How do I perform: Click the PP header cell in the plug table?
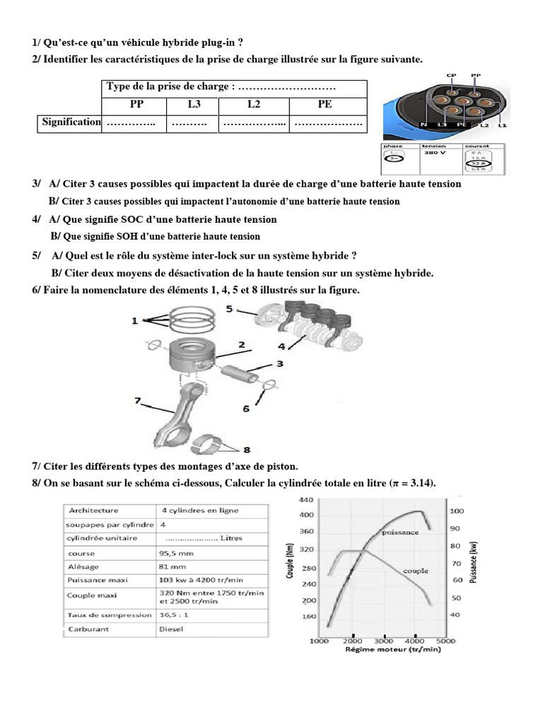point(136,105)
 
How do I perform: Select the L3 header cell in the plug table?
point(193,105)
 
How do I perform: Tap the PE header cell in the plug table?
point(325,105)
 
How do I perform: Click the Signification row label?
point(71,122)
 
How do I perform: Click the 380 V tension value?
point(434,152)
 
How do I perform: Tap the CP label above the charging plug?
point(451,74)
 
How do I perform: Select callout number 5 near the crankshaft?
point(230,309)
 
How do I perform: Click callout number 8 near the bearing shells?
point(247,449)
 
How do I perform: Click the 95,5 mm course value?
point(177,552)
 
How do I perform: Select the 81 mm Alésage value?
point(173,566)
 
